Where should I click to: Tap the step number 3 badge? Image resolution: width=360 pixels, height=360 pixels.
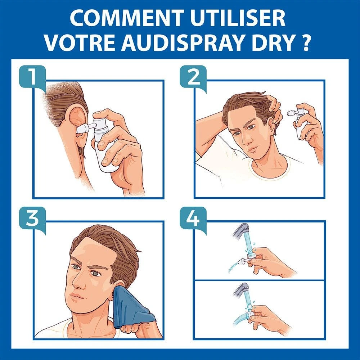point(32,219)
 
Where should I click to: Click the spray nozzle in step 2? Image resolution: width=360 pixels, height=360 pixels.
point(291,113)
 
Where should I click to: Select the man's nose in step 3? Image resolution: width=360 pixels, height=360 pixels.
point(79,280)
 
